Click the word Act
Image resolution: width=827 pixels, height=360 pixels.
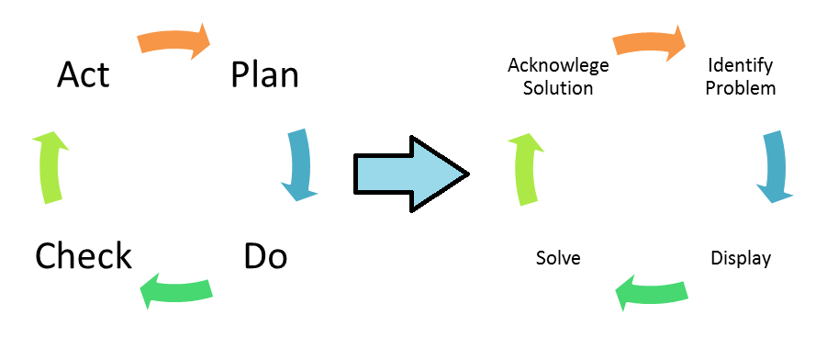pyautogui.click(x=83, y=74)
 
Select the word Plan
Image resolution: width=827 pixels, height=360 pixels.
pyautogui.click(x=264, y=74)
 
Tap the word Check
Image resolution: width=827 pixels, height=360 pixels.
pyautogui.click(x=84, y=256)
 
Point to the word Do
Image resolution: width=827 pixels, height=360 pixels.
pyautogui.click(x=265, y=256)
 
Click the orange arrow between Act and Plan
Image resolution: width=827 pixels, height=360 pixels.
pyautogui.click(x=173, y=41)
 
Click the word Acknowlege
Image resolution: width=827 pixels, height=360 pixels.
pyautogui.click(x=557, y=66)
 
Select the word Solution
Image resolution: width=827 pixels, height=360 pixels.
pyautogui.click(x=557, y=88)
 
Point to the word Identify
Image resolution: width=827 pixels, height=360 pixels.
pyautogui.click(x=741, y=66)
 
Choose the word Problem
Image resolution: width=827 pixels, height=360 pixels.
pyautogui.click(x=741, y=88)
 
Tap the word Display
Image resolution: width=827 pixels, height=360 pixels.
pyautogui.click(x=741, y=257)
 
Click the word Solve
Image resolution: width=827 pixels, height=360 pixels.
pyautogui.click(x=558, y=257)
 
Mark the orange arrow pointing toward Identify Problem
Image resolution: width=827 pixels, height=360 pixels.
pyautogui.click(x=649, y=41)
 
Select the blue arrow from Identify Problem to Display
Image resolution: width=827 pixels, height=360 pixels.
pyautogui.click(x=774, y=165)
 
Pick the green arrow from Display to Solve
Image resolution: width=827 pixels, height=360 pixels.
pyautogui.click(x=650, y=290)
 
